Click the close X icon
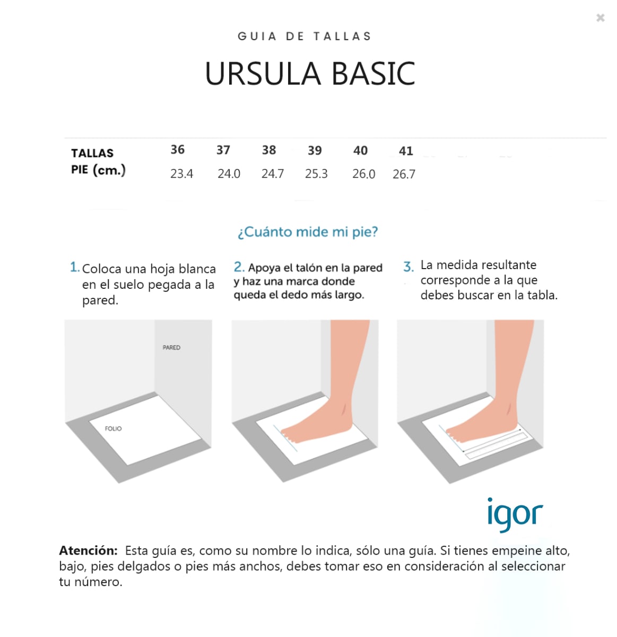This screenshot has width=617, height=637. point(600,18)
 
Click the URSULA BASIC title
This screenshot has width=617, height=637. point(310,74)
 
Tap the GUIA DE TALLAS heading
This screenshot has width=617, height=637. point(305,37)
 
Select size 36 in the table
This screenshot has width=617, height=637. point(178,150)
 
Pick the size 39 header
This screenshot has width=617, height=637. point(315,151)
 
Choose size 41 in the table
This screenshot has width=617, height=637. point(406,151)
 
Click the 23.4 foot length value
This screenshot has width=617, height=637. point(181,174)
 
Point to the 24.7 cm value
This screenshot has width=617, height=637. point(273,174)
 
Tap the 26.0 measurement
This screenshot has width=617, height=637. point(363,174)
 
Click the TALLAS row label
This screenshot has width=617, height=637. point(92,153)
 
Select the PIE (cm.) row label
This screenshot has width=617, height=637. point(98,170)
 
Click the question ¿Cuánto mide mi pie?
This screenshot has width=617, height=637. point(308,232)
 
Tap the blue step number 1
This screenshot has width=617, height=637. point(74,267)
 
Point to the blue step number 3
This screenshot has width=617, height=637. point(408,266)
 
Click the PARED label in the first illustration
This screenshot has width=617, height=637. point(171,348)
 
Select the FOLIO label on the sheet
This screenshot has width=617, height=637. point(113,428)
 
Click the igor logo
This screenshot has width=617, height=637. point(515,514)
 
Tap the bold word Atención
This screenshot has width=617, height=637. point(88,550)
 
